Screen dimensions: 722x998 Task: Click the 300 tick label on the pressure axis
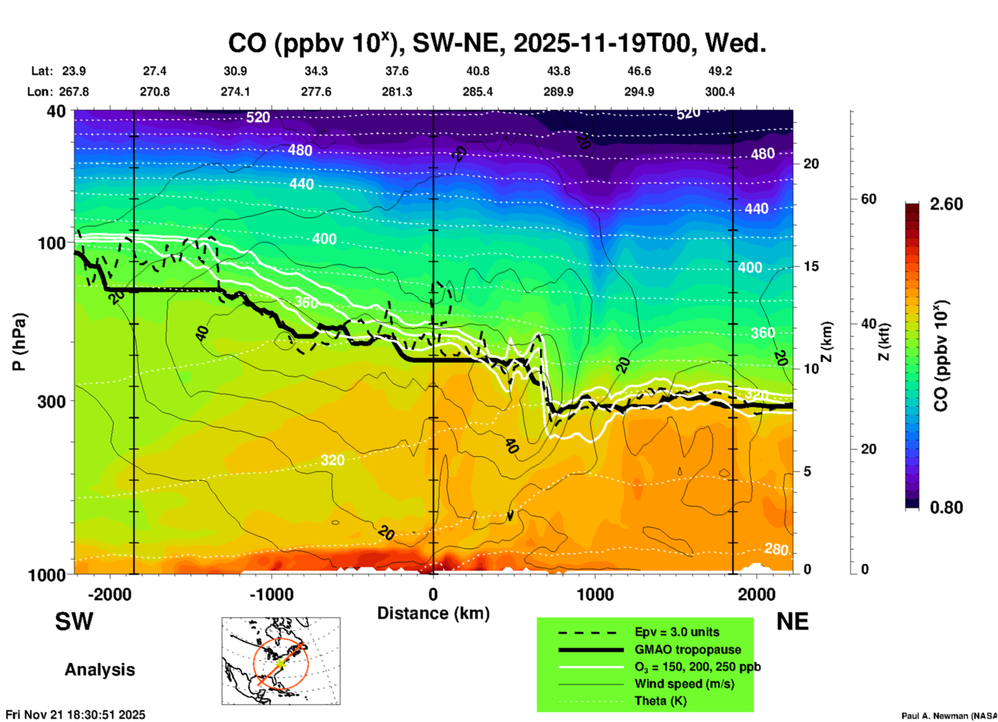[x=51, y=401]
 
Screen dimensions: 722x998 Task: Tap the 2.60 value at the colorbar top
[x=946, y=204]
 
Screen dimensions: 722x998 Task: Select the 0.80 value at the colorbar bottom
[x=946, y=507]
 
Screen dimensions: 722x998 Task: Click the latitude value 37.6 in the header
[x=397, y=71]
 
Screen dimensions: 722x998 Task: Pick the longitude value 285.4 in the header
[x=477, y=92]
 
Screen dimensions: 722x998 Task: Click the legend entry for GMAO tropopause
[x=688, y=649]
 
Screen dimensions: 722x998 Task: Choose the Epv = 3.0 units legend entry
[x=677, y=632]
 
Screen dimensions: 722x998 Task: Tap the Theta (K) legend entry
[x=660, y=701]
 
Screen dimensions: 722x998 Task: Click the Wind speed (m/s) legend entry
[x=684, y=684]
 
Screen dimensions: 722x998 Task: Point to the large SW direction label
[x=74, y=622]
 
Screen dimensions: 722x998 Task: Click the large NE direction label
[x=792, y=622]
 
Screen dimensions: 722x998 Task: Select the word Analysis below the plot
[x=99, y=669]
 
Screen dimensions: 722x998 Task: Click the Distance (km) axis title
[x=433, y=613]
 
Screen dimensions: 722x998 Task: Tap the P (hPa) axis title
[x=19, y=342]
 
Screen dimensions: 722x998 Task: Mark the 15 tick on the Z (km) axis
[x=811, y=266]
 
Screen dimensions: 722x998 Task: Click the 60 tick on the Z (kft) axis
[x=868, y=199]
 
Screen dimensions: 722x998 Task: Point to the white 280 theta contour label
[x=776, y=549]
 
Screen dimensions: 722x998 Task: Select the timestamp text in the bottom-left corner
[x=76, y=715]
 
